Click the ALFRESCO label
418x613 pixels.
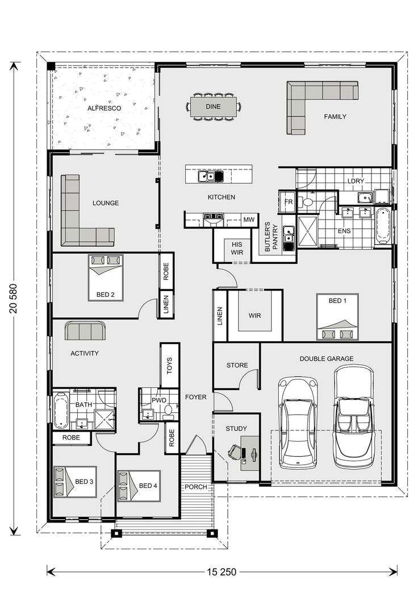click(102, 107)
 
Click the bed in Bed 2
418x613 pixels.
click(106, 277)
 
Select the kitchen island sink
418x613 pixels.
click(210, 176)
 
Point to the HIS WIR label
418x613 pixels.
click(237, 248)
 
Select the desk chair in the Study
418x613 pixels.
click(234, 452)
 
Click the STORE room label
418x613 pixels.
click(237, 365)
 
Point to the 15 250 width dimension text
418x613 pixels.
click(221, 571)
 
